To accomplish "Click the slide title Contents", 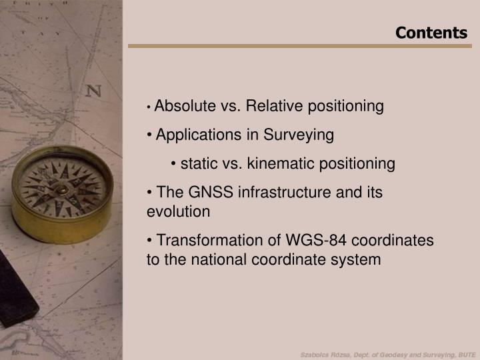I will click(431, 33).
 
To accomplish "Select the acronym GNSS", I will click(203, 193).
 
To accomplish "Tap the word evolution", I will click(178, 212).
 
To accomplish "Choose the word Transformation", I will click(209, 240).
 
